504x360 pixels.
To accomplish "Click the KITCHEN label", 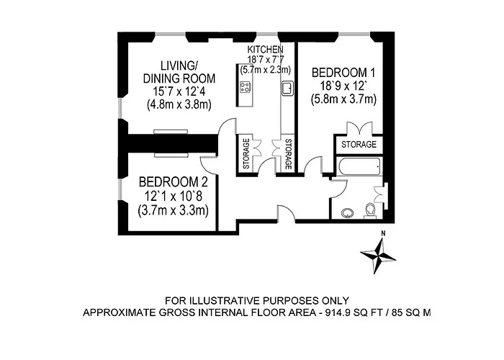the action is [x=265, y=50].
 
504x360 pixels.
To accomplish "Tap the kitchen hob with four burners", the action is [x=246, y=86].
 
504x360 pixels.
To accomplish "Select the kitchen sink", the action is [x=287, y=88].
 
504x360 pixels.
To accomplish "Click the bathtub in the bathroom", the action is [x=359, y=166].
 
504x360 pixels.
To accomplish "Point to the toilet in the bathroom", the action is [x=370, y=211].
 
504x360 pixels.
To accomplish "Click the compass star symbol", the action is [x=378, y=256].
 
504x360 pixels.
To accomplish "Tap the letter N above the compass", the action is [x=383, y=234].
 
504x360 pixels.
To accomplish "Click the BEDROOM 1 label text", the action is [x=343, y=73].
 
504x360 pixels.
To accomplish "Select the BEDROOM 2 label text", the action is [x=174, y=182].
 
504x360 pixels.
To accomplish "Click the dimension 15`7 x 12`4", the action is [x=179, y=91].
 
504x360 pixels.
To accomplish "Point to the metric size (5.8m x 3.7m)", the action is [x=343, y=99].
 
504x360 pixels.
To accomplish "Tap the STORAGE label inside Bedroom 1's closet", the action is [x=359, y=144].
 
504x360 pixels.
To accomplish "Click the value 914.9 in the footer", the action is [x=337, y=312].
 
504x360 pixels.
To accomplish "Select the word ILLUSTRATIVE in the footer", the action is [x=225, y=301].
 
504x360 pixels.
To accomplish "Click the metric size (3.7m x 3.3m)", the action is [x=174, y=210].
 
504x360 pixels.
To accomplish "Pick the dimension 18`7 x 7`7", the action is [x=266, y=60].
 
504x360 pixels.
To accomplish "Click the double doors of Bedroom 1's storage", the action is [x=359, y=127].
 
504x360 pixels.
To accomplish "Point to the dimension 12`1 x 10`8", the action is [x=174, y=196].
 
